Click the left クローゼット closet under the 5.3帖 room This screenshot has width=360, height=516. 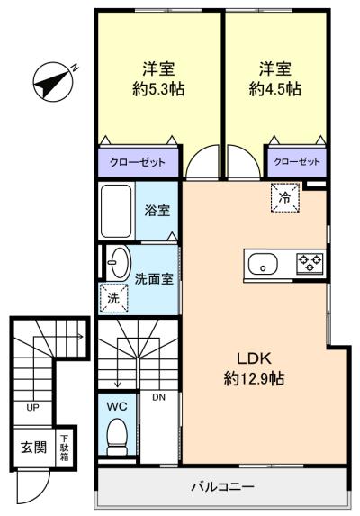click(138, 162)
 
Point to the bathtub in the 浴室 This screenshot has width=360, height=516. click(118, 211)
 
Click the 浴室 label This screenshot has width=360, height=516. click(157, 211)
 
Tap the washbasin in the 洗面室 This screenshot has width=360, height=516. click(117, 264)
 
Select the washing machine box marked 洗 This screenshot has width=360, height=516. click(113, 297)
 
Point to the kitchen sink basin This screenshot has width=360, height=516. click(263, 265)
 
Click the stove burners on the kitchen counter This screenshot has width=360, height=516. click(310, 264)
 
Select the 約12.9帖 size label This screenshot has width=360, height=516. click(254, 379)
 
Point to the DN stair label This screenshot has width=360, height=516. click(158, 397)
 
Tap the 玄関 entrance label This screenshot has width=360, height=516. click(34, 447)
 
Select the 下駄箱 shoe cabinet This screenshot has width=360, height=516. click(65, 447)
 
